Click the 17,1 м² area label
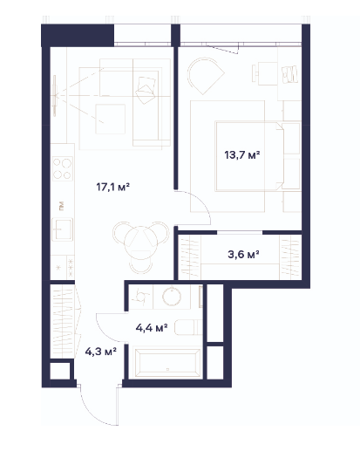pyautogui.click(x=113, y=187)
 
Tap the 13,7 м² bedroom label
pyautogui.click(x=242, y=154)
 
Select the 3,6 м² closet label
pyautogui.click(x=243, y=255)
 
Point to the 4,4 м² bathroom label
pyautogui.click(x=152, y=328)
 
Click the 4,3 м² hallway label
pyautogui.click(x=100, y=352)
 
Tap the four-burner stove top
pyautogui.click(x=62, y=168)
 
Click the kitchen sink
pyautogui.click(x=62, y=229)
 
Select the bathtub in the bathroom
pyautogui.click(x=167, y=363)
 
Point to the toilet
pyautogui.click(x=188, y=327)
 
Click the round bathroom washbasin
pyautogui.click(x=172, y=296)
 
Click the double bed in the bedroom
pyautogui.click(x=258, y=156)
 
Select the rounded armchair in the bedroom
pyautogui.click(x=206, y=76)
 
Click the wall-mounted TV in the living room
pyautogui.click(x=55, y=95)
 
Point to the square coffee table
pyautogui.click(x=110, y=119)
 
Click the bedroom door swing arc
pyautogui.click(x=201, y=202)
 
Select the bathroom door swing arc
pyautogui.click(x=103, y=329)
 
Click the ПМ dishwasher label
pyautogui.click(x=62, y=206)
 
